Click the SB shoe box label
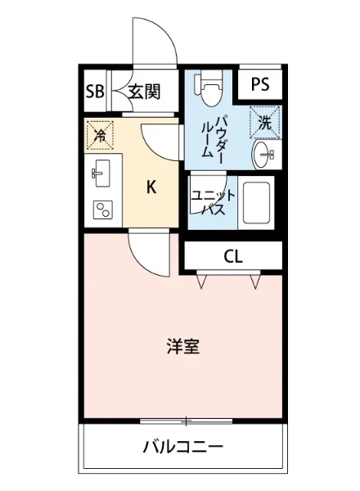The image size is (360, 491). click(95, 91)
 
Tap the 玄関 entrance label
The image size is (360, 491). click(143, 91)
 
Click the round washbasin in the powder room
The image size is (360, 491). click(266, 155)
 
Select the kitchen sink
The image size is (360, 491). click(101, 171)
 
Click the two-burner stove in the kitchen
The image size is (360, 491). click(102, 210)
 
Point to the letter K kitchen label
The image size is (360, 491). click(151, 187)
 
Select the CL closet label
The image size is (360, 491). click(233, 257)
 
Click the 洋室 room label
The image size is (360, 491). click(182, 345)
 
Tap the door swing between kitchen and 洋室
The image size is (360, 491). click(147, 254)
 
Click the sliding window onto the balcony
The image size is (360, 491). click(187, 421)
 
